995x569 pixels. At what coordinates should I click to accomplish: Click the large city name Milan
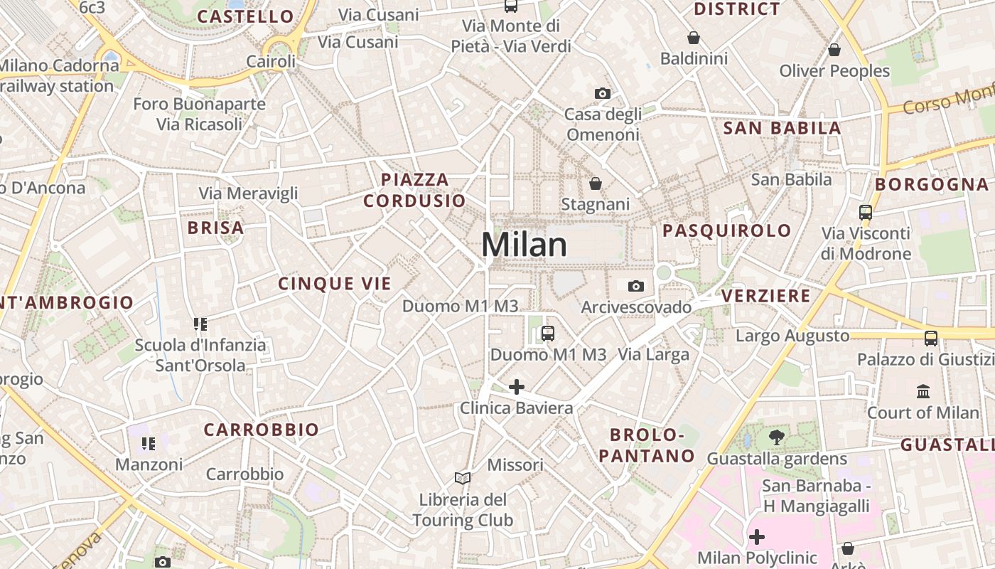coord(524,245)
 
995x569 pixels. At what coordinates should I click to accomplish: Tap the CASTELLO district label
coord(245,16)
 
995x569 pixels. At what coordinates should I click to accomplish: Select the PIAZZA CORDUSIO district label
coord(414,190)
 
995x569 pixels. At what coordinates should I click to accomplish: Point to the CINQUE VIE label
coord(335,284)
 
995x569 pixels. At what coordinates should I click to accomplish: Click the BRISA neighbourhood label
coord(215,228)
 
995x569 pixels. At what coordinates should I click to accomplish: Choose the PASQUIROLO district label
coord(726,230)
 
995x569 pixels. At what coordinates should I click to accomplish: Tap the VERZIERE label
coord(765,296)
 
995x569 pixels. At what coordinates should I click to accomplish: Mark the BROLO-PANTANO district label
coord(646,445)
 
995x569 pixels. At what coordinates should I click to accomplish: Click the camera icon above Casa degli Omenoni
coord(602,93)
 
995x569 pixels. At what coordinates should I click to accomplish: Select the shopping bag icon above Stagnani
coord(596,184)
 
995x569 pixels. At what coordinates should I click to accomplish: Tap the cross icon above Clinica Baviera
coord(517,387)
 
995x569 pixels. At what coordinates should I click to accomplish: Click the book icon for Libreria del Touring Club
coord(463,478)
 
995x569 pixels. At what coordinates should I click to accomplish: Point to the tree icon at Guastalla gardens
coord(777,437)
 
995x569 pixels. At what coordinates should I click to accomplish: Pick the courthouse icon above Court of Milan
coord(923,391)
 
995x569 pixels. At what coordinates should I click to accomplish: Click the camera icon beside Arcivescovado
coord(636,286)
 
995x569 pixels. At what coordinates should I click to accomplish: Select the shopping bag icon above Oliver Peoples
coord(834,50)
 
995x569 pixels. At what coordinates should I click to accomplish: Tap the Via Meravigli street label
coord(248,193)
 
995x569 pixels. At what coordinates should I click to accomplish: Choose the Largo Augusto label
coord(792,336)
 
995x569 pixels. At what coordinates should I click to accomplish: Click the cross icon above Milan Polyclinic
coord(757,536)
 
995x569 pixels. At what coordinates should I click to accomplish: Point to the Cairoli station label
coord(271,62)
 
